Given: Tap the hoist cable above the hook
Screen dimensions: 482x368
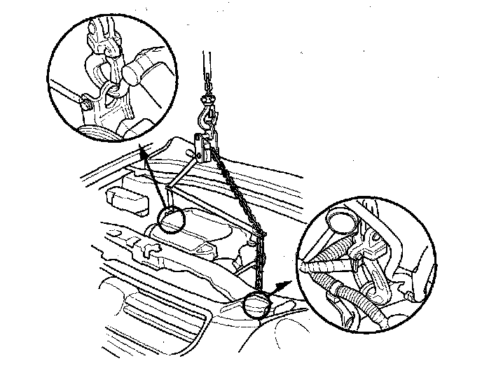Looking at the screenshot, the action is (208, 66).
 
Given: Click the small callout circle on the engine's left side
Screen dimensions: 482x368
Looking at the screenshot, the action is (170, 220).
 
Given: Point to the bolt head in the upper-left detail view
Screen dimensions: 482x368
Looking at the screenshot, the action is (85, 104).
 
